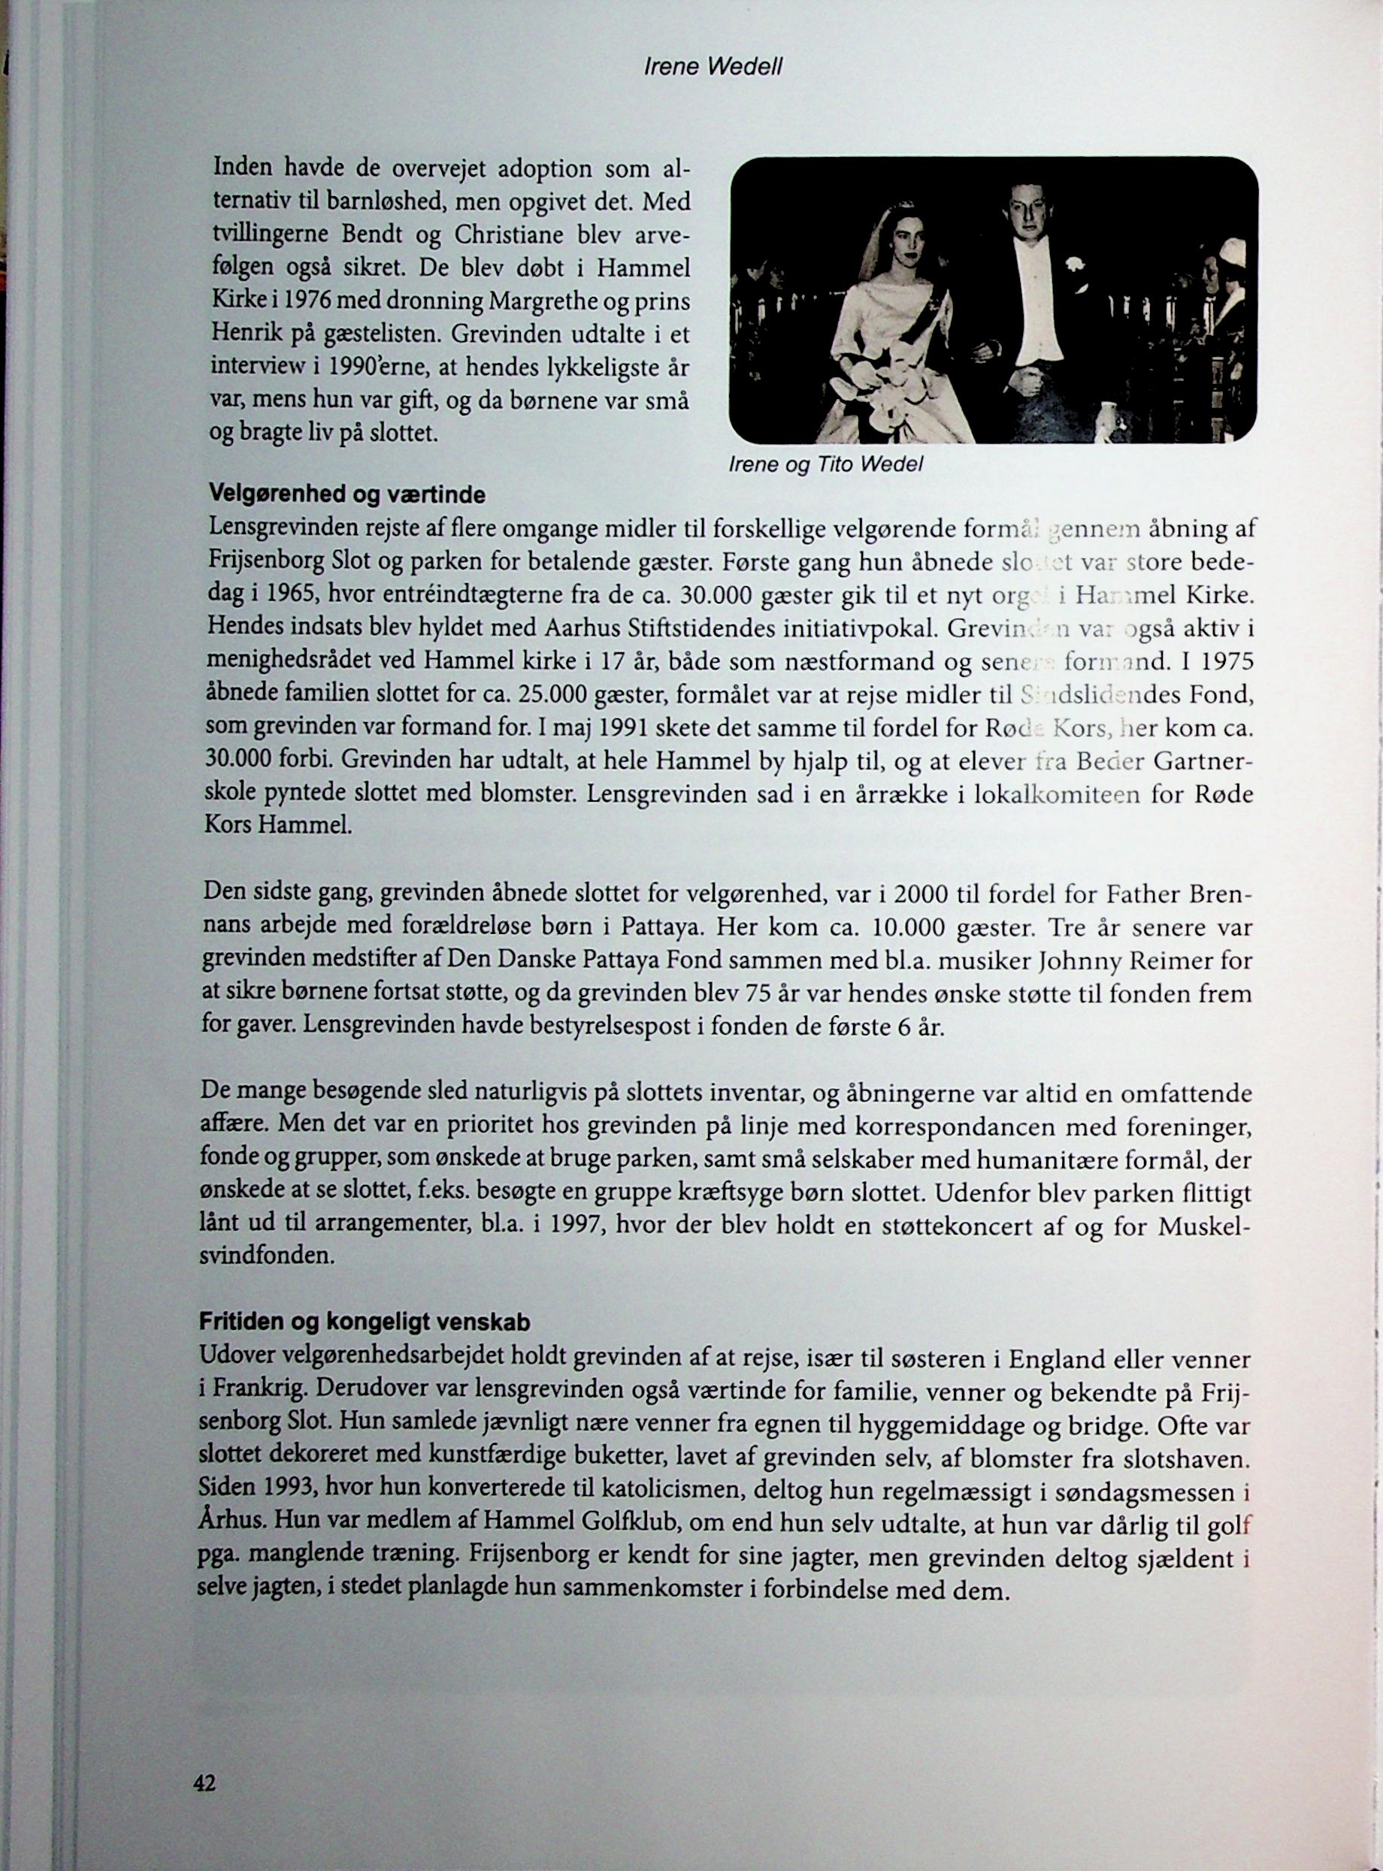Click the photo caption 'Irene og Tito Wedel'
click(825, 464)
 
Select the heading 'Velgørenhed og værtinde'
click(347, 495)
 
